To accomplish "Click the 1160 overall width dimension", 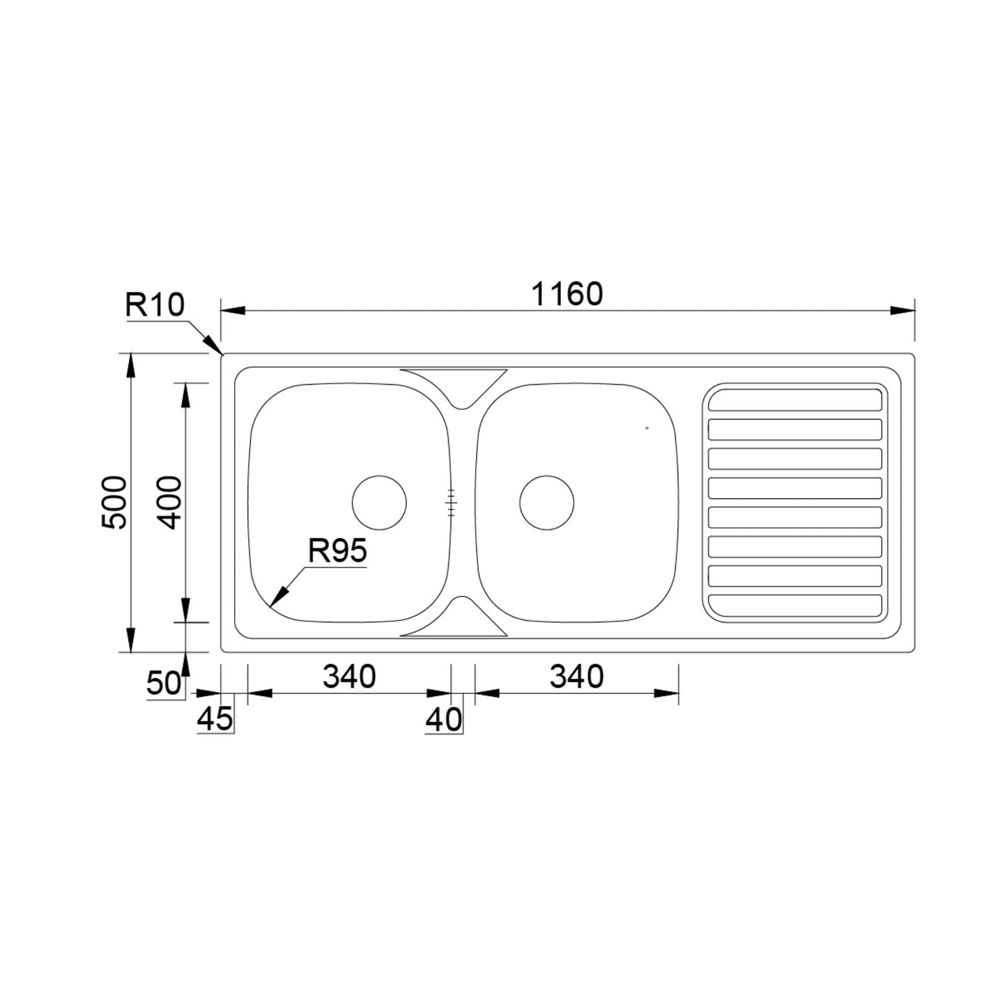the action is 567,293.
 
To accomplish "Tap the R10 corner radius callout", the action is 155,305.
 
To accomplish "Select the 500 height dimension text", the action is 114,502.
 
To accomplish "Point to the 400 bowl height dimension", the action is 169,502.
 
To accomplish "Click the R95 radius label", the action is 337,551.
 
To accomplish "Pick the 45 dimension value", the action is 215,718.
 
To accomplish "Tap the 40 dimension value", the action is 444,720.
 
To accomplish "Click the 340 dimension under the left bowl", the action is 349,676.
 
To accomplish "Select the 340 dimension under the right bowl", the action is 576,676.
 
